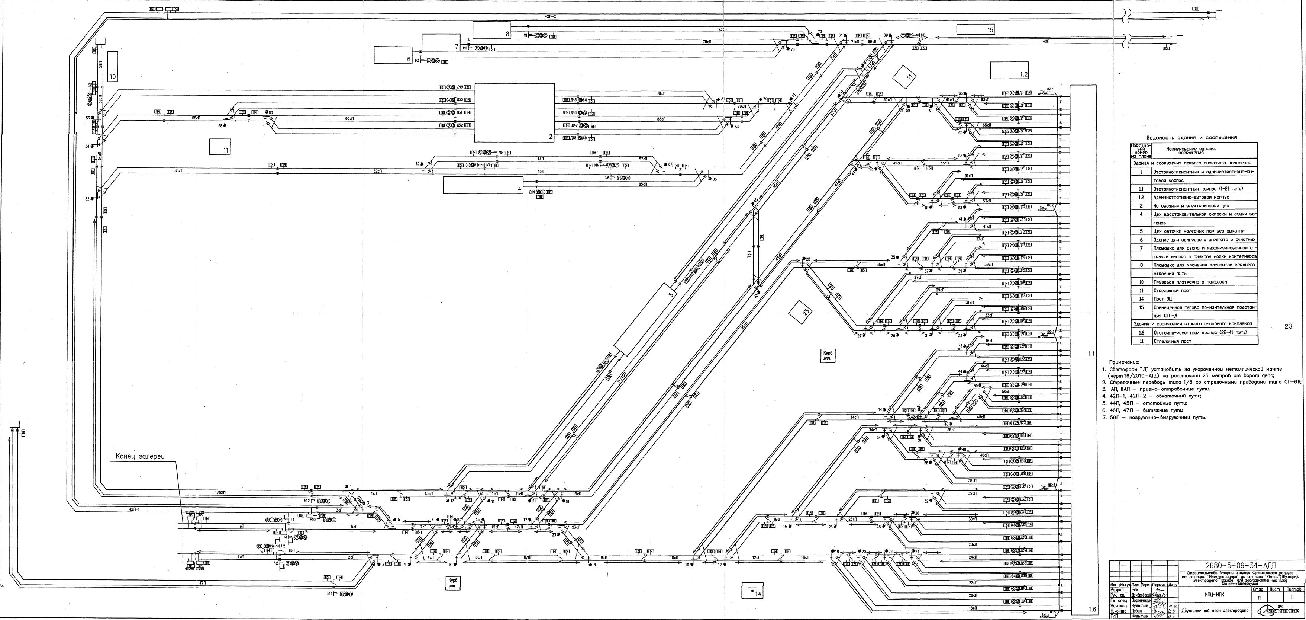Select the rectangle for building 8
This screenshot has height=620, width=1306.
[x=492, y=29]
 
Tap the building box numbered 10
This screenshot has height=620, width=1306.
[x=113, y=66]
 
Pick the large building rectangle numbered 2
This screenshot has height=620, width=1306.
[x=514, y=113]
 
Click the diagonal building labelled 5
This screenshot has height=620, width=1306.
[x=644, y=320]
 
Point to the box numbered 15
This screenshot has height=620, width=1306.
[x=976, y=29]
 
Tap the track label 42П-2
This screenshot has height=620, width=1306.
[x=550, y=17]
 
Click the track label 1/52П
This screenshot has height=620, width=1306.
[x=220, y=493]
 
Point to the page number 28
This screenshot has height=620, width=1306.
[x=1288, y=327]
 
